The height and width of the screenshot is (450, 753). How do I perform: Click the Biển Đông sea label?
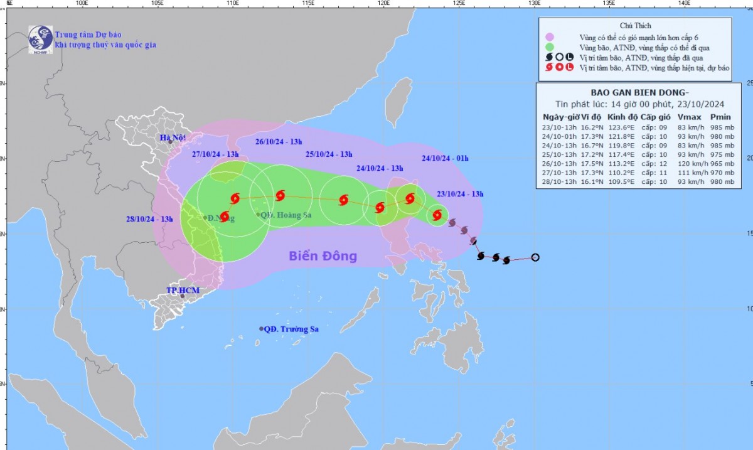(323, 256)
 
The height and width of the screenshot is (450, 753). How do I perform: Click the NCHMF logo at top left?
(40, 39)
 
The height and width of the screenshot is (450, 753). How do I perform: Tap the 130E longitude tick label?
(534, 4)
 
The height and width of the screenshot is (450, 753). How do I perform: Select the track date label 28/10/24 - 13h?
(149, 219)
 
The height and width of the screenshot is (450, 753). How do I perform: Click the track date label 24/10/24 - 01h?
(445, 158)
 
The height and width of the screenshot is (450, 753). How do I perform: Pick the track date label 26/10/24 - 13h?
(279, 141)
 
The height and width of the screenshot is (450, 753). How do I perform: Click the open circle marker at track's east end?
(535, 257)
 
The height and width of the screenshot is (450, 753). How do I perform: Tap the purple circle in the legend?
(550, 37)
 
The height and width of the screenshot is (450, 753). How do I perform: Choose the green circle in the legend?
(550, 47)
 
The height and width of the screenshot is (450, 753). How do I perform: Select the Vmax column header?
(686, 117)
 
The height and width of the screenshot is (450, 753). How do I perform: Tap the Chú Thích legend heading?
(634, 26)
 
